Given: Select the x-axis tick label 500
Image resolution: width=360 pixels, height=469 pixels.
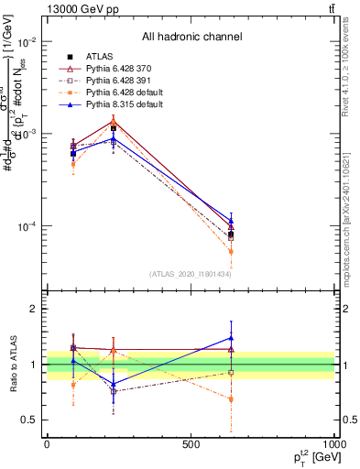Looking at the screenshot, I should pos(191,444).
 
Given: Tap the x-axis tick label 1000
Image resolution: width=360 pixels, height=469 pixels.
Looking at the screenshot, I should pos(333,444).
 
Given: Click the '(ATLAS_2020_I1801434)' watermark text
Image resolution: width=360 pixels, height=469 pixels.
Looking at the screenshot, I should pos(191,274).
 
